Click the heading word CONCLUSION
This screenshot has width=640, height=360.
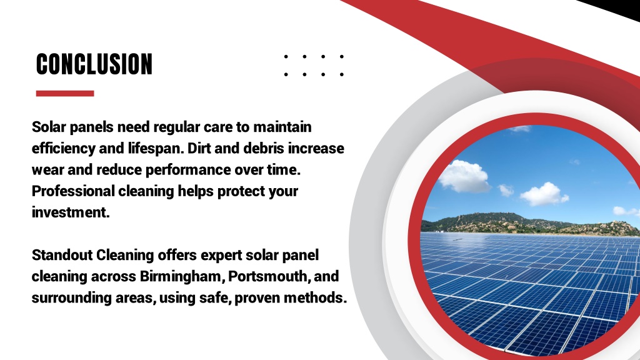click(94, 64)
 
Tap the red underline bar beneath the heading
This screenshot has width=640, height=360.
click(65, 94)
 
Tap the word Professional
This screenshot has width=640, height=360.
click(73, 191)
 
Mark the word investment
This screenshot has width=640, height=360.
click(71, 212)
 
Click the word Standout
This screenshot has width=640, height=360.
click(62, 255)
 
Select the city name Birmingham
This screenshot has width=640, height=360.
click(181, 277)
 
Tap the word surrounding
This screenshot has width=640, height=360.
click(71, 298)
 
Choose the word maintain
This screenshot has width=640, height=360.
click(282, 126)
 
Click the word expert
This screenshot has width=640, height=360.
click(222, 256)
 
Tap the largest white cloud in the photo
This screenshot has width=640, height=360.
click(464, 176)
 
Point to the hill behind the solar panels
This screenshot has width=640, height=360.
click(531, 223)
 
